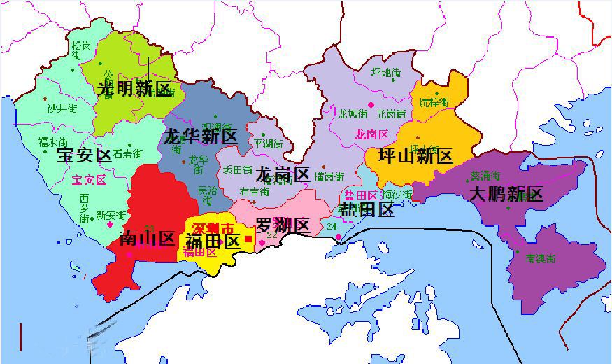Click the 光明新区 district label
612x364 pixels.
134,89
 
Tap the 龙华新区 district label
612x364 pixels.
201,136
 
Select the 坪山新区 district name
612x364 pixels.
415,155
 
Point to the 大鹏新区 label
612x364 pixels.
506,193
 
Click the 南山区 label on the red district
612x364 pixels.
148,238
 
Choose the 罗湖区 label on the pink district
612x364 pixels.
282,225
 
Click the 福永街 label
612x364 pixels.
53,141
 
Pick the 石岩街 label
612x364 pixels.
128,153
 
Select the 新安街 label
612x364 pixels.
111,215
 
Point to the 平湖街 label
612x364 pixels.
269,143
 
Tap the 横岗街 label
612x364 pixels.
329,176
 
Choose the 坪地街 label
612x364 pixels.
385,73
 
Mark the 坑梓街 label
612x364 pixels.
434,103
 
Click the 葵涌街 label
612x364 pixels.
485,175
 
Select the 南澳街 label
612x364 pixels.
541,258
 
